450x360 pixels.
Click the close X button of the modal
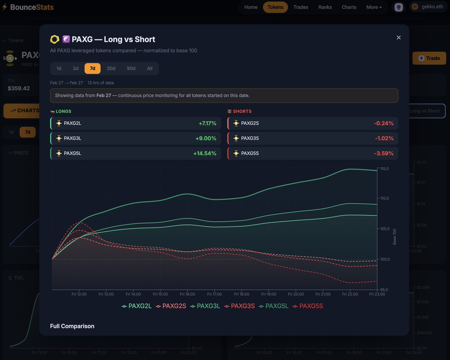tap(399, 37)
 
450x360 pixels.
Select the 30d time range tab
tap(111, 68)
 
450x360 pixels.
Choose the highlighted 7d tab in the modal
tap(92, 68)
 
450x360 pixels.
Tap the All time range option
tap(150, 68)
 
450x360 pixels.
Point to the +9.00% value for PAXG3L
tap(206, 138)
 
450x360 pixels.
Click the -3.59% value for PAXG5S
tap(384, 153)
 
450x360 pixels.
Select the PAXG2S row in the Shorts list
tap(312, 123)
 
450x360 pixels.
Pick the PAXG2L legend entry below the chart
tap(137, 306)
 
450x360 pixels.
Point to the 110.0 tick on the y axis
tap(384, 198)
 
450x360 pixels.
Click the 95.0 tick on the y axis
tap(384, 290)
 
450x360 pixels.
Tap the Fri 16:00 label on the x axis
tap(187, 294)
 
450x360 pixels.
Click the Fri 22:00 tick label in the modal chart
tap(350, 294)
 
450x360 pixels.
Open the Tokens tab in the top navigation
tap(275, 7)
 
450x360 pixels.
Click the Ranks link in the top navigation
tap(325, 7)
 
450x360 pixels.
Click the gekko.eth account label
tap(432, 7)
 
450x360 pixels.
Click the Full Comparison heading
tap(72, 326)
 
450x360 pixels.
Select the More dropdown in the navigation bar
tap(374, 7)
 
